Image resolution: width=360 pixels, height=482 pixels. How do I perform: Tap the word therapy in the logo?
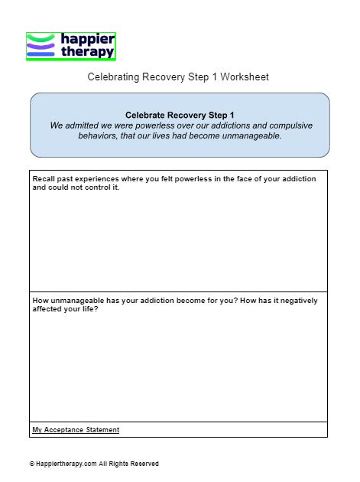click(87, 52)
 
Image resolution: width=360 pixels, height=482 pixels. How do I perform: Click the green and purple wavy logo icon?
click(41, 46)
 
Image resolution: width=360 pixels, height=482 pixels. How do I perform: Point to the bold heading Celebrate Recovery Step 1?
click(180, 115)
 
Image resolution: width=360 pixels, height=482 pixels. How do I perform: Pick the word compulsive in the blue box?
click(291, 125)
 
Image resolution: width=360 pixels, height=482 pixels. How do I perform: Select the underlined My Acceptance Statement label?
click(76, 430)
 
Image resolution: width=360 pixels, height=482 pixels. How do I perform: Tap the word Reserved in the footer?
click(144, 464)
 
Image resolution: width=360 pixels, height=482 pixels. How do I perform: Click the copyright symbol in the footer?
click(32, 464)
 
